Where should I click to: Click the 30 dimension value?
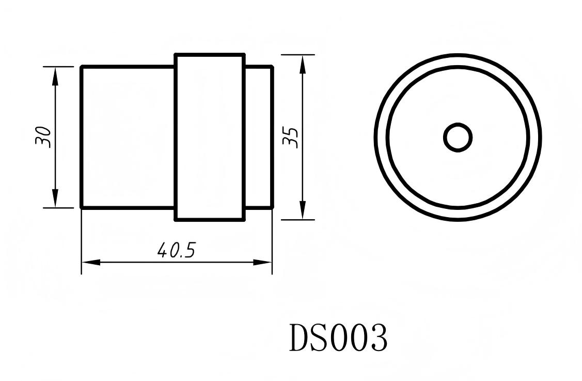44,137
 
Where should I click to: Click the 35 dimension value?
292,137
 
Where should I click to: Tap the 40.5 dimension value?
176,251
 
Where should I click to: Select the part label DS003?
338,338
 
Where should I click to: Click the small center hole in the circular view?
458,138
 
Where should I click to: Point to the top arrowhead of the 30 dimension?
55,75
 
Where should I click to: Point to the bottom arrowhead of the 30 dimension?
55,199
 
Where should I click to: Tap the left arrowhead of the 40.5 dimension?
91,262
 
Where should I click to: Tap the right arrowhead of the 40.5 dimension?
262,262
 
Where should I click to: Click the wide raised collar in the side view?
210,137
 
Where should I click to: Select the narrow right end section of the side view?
258,137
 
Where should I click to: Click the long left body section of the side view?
128,137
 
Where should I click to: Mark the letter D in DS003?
299,338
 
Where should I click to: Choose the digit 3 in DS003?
378,338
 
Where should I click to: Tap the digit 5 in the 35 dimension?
292,131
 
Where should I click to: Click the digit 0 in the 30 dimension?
44,131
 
